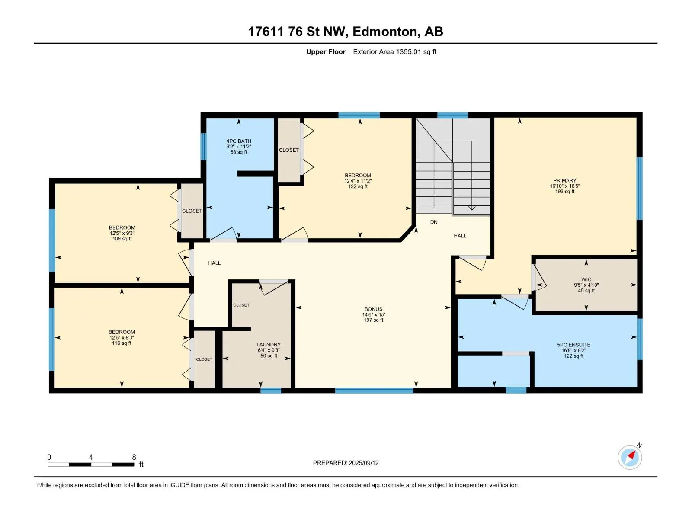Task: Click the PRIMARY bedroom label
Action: [x=564, y=180]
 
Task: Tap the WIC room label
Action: [x=586, y=279]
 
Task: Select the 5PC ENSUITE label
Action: [x=573, y=345]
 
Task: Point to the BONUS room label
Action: [x=373, y=309]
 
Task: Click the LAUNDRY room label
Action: [x=268, y=344]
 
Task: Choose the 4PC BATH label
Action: [x=239, y=141]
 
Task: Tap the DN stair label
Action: [x=434, y=222]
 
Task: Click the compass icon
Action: [x=630, y=457]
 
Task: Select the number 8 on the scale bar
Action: [x=134, y=457]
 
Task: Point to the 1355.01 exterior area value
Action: [x=408, y=51]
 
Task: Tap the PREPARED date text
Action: [x=346, y=463]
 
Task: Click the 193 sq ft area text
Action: [x=565, y=192]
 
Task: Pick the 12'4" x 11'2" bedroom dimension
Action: [x=358, y=181]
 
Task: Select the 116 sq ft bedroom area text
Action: [x=122, y=343]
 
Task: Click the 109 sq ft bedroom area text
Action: [x=122, y=239]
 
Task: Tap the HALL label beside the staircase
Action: [x=460, y=236]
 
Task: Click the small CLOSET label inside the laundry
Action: [x=241, y=305]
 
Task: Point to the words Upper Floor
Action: [x=326, y=51]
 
